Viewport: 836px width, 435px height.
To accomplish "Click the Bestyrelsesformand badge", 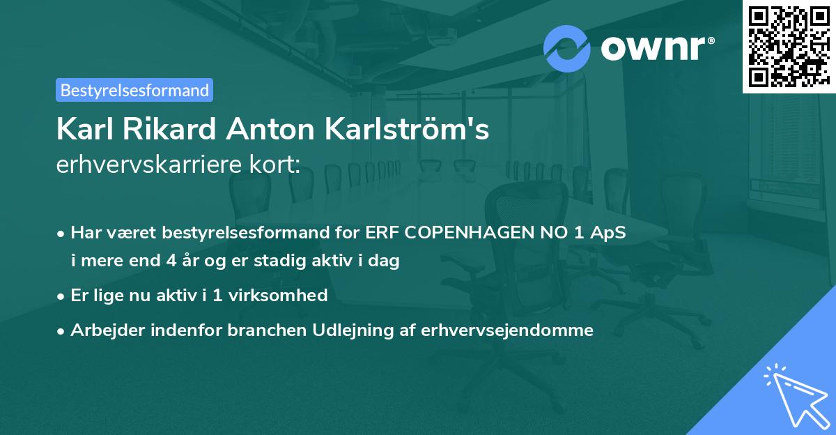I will pyautogui.click(x=134, y=90).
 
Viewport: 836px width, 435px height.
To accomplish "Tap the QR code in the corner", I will pyautogui.click(x=788, y=46).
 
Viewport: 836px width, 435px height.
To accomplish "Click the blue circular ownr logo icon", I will pyautogui.click(x=567, y=48).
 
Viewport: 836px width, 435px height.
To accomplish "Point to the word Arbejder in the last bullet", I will pyautogui.click(x=103, y=330).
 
